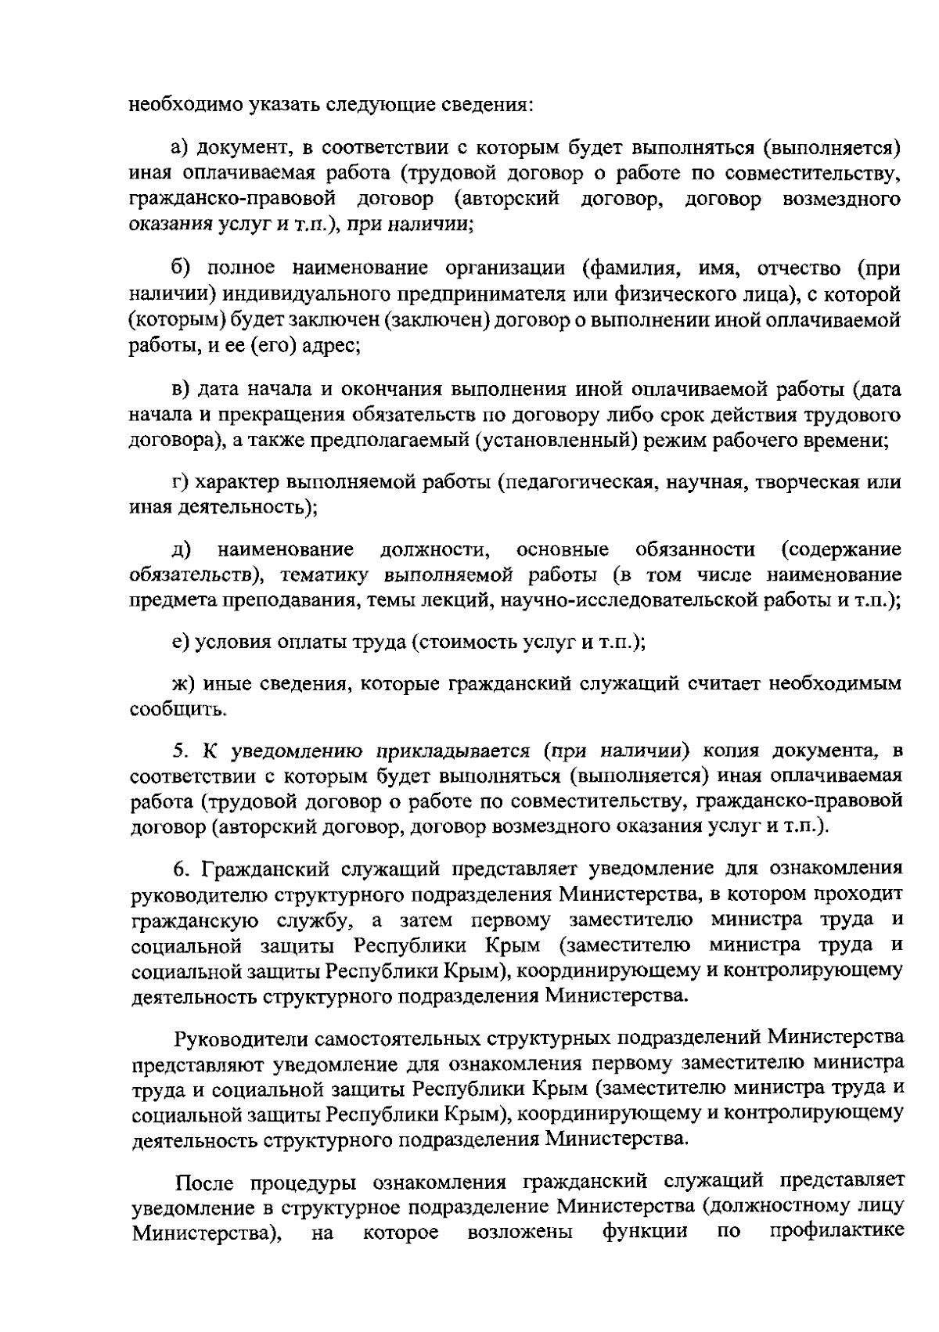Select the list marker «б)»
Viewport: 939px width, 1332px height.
point(181,268)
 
